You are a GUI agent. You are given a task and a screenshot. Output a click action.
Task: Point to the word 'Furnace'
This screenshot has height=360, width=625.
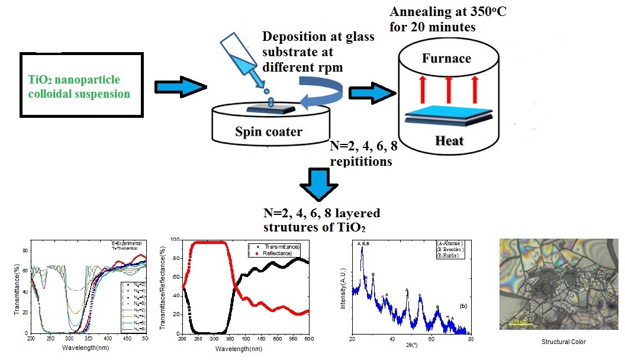(447, 59)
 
